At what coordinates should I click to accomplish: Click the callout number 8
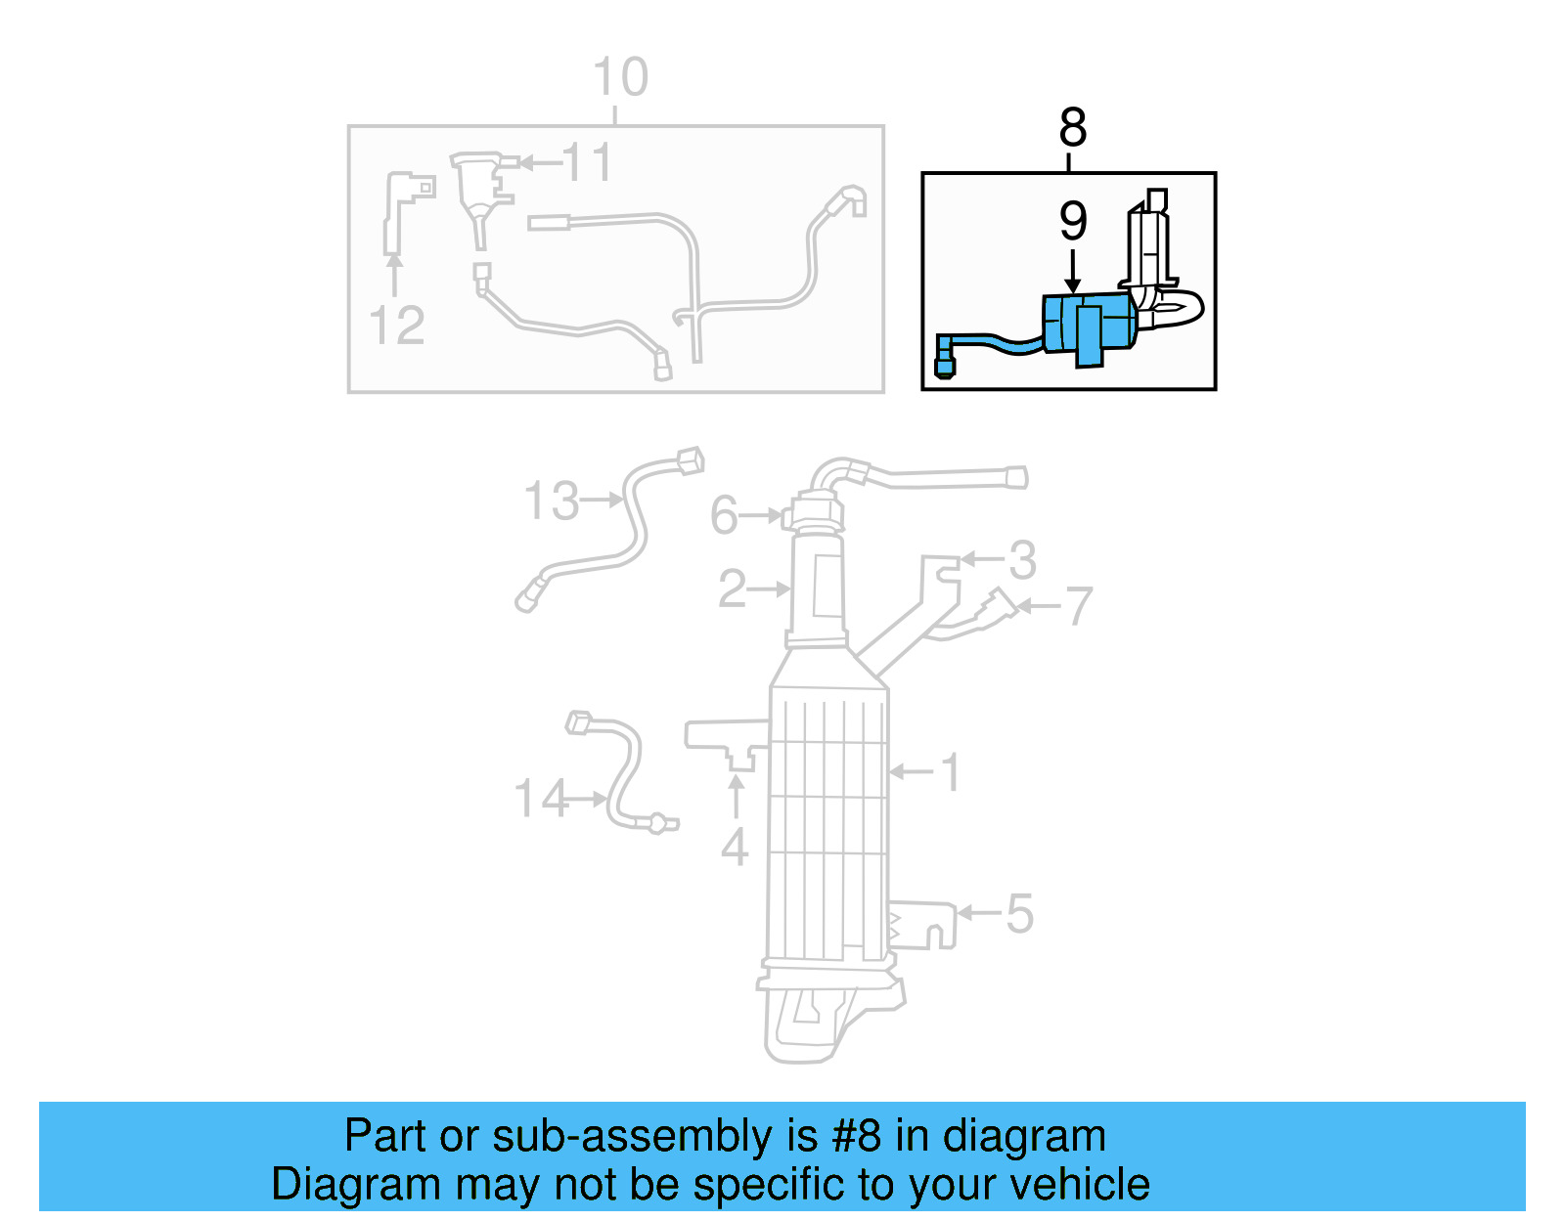click(x=1072, y=128)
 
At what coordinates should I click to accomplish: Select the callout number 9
click(x=1073, y=222)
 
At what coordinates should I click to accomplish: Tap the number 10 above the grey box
click(x=620, y=77)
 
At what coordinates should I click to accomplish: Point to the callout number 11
click(x=587, y=162)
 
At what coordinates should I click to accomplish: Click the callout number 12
click(x=397, y=326)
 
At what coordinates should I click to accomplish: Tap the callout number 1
click(x=951, y=772)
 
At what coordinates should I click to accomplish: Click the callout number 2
click(x=732, y=589)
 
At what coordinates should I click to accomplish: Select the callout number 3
click(x=1022, y=560)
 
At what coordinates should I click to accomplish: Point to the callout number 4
click(x=735, y=847)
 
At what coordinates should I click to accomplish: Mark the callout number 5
click(x=1019, y=914)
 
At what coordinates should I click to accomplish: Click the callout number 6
click(x=724, y=515)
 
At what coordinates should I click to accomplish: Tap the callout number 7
click(x=1078, y=606)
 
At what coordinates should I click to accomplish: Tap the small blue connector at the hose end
click(x=944, y=367)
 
